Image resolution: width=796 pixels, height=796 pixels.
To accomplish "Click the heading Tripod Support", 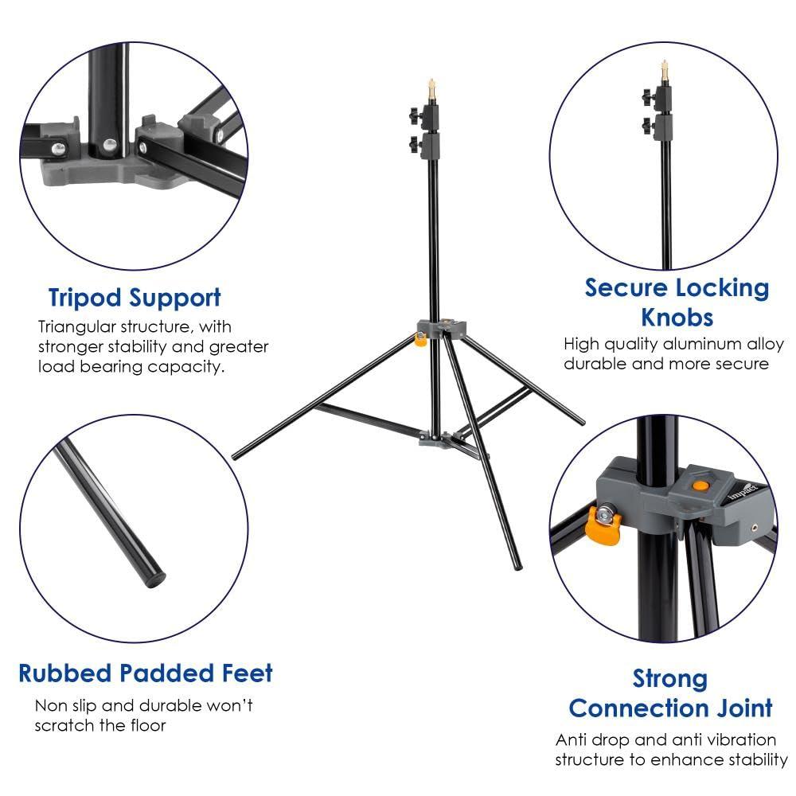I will tap(135, 298).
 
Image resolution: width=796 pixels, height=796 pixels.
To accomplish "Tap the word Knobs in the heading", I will tap(677, 318).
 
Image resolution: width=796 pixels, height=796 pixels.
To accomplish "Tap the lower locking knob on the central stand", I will tap(416, 143).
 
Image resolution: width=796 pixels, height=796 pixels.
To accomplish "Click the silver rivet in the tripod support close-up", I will tap(107, 145).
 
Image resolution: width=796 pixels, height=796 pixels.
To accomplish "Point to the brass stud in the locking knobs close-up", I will tap(662, 72).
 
